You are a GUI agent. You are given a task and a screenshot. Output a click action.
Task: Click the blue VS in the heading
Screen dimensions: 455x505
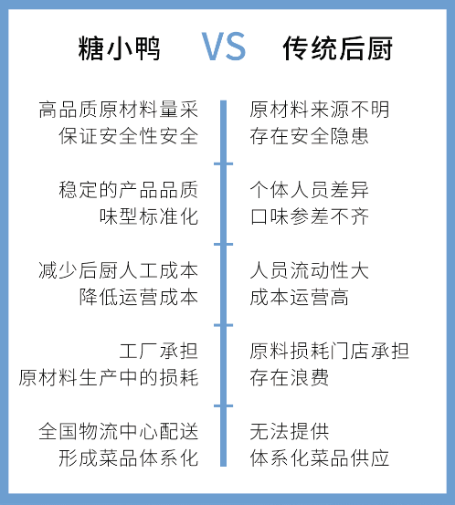[224, 47]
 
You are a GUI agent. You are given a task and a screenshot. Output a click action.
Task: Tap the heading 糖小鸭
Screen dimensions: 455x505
[119, 48]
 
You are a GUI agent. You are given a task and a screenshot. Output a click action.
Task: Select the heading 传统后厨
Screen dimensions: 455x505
[337, 48]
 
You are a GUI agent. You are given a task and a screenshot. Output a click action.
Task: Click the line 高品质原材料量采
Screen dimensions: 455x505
[118, 110]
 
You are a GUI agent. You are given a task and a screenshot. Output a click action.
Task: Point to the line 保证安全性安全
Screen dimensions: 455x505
[128, 136]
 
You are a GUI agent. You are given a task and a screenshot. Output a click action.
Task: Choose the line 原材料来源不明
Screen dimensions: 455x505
[320, 110]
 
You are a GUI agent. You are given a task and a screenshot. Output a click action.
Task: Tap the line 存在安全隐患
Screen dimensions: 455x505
[310, 136]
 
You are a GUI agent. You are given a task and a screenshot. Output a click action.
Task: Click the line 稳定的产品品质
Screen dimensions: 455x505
[128, 190]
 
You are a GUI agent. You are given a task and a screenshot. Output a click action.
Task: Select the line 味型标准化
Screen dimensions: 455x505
[149, 216]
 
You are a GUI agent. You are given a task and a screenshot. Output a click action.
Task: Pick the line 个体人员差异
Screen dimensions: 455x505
[310, 190]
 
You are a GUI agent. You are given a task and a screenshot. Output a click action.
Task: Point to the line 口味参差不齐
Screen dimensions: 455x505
[310, 216]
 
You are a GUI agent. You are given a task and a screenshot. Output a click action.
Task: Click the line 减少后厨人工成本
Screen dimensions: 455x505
[118, 270]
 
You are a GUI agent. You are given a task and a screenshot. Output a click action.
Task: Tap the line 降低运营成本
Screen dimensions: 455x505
[139, 297]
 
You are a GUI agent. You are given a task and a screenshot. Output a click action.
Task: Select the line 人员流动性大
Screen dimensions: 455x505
[310, 270]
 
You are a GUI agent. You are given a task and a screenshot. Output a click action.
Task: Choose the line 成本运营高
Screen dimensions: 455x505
[300, 297]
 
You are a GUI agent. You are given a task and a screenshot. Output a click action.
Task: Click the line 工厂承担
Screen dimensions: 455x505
[159, 351]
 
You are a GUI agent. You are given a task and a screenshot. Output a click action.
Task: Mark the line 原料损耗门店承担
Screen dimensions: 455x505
[330, 351]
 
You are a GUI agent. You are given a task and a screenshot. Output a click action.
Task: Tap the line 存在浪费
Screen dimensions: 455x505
[290, 377]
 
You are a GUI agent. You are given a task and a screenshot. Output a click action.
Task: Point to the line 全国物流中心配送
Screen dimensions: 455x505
[118, 431]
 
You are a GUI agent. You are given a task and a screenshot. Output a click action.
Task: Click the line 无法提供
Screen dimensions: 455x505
[290, 431]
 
